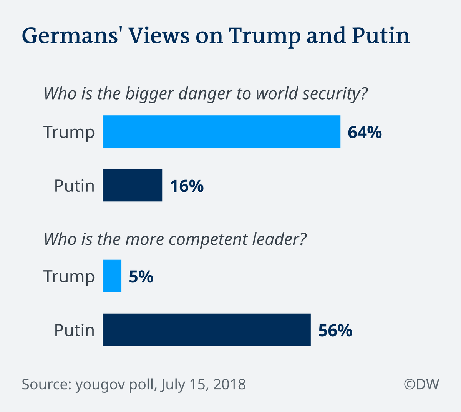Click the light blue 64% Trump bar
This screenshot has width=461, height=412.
tap(221, 131)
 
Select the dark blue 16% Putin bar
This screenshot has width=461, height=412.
tap(132, 185)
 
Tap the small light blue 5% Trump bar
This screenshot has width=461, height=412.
tap(112, 276)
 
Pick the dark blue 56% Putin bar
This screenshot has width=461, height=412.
tap(206, 330)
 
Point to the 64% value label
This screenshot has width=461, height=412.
tap(365, 132)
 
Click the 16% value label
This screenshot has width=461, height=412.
tap(187, 186)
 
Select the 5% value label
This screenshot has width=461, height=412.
tap(141, 277)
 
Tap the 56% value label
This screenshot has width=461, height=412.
tap(335, 331)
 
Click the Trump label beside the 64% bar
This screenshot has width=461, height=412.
tap(69, 132)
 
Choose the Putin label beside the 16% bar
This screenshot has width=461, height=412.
tap(74, 186)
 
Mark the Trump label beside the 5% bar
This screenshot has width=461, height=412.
tap(69, 277)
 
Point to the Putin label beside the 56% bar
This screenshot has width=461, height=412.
tap(74, 331)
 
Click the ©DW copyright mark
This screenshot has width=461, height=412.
tap(421, 384)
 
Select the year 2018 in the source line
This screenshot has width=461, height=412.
tap(229, 384)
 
